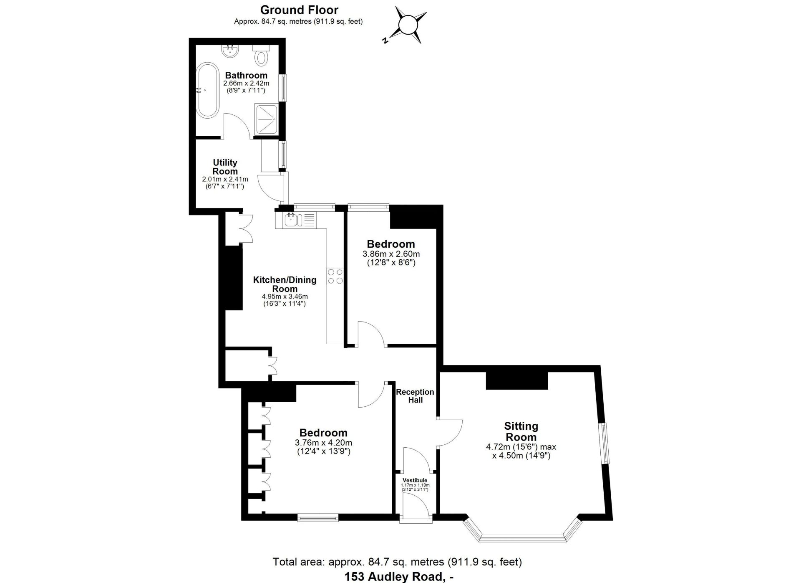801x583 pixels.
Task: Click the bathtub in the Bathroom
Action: click(x=207, y=90)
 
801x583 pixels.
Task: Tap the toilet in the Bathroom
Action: click(x=262, y=55)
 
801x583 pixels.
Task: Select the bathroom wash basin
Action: click(x=230, y=51)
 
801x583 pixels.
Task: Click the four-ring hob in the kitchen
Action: click(x=335, y=276)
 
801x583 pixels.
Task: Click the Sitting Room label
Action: click(x=521, y=431)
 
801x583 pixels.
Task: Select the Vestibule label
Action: click(x=415, y=480)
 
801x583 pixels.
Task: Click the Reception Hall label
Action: click(x=415, y=396)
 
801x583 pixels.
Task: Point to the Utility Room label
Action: click(x=225, y=167)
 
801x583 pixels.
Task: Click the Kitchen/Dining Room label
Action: click(x=285, y=284)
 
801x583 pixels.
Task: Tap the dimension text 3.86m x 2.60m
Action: click(x=391, y=254)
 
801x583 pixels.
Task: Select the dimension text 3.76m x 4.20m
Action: click(x=323, y=443)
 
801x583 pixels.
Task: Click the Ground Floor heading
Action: click(x=299, y=10)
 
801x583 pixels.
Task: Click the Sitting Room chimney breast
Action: click(x=517, y=380)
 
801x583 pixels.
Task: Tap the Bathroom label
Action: click(x=246, y=75)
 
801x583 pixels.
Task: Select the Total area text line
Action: click(x=397, y=562)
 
